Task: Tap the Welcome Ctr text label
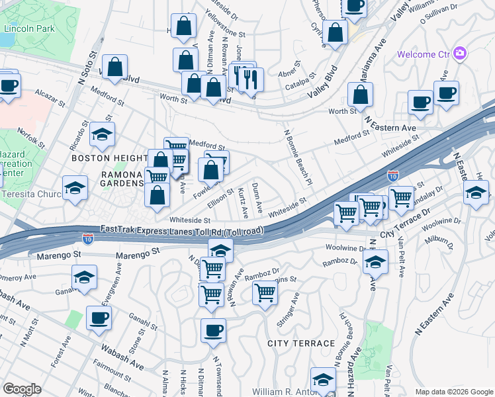point(424,54)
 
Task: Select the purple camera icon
point(460,54)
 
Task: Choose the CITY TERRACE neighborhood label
point(301,343)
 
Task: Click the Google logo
point(22,389)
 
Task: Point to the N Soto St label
point(84,67)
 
